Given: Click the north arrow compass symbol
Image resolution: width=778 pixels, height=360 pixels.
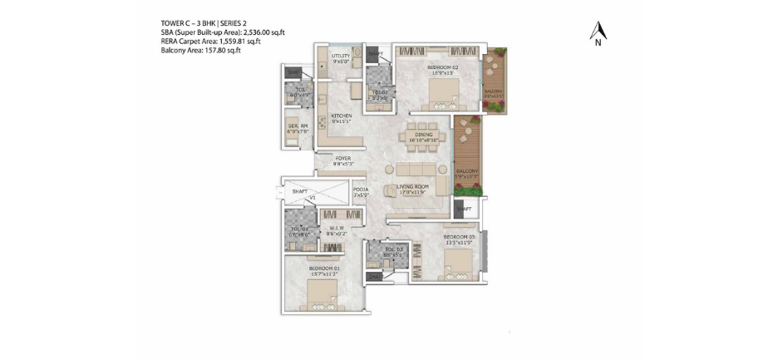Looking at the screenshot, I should tap(598, 33).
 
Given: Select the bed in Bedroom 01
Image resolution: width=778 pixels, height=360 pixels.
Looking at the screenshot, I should tap(321, 293).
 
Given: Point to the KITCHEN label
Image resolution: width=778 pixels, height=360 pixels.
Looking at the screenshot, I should tap(342, 116).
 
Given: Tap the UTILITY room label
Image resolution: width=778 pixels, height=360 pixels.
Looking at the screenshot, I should tap(341, 56).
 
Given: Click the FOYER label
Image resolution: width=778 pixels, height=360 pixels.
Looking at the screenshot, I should tap(344, 158).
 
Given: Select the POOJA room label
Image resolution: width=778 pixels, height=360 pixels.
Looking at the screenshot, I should tap(360, 190).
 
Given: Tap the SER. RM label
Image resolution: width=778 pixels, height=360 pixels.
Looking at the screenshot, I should tap(298, 126).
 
